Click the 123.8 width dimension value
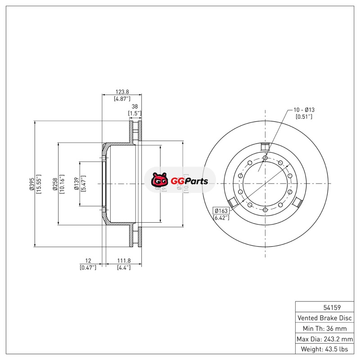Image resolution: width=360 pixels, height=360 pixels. (122, 91)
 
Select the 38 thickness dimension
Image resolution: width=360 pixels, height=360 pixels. (135, 107)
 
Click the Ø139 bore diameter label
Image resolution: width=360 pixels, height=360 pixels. (76, 184)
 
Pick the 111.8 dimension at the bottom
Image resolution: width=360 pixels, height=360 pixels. (124, 261)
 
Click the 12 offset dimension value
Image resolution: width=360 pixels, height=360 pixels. (88, 261)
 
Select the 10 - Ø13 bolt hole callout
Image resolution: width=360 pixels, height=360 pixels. (304, 110)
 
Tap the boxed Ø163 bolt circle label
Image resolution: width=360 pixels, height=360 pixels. (221, 211)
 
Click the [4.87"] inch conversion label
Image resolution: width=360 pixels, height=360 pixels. (122, 98)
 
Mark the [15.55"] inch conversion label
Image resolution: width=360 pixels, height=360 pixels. (39, 184)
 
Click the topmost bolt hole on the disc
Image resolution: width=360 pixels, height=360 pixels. (265, 158)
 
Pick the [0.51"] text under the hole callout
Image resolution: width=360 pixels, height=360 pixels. (304, 117)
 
